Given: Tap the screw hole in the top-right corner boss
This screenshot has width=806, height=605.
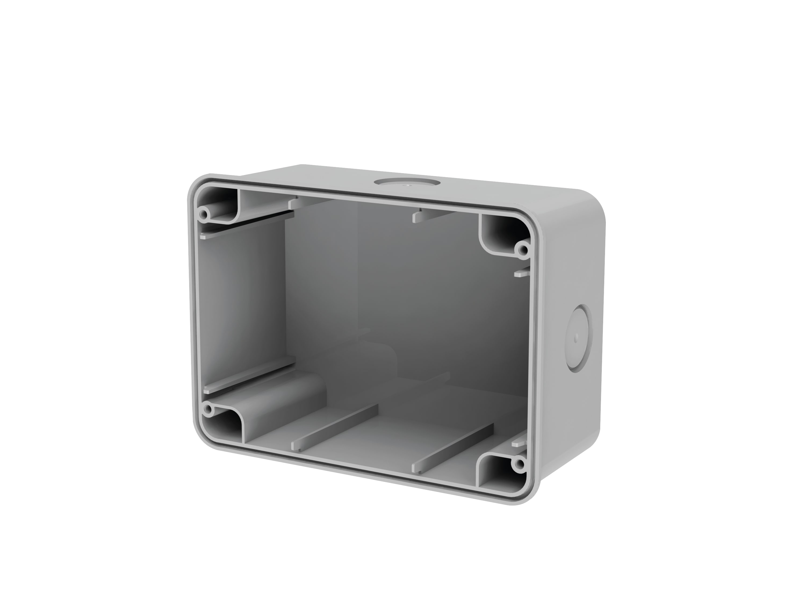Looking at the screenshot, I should tap(524, 250).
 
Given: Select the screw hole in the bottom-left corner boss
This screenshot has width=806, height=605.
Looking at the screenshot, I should tap(208, 411).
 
